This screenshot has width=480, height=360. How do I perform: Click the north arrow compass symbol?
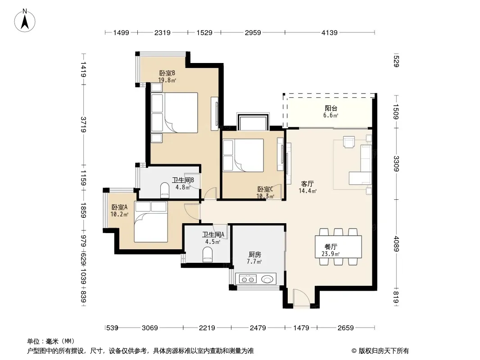25,21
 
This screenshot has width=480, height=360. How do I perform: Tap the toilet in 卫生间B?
164,189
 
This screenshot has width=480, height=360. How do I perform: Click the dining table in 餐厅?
338,247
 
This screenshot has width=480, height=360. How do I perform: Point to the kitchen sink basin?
267,279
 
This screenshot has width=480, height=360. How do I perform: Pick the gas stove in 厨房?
248,279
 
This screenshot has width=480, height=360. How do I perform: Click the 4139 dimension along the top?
330,32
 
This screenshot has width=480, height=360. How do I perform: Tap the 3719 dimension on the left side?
83,125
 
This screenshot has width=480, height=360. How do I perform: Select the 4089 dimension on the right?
396,243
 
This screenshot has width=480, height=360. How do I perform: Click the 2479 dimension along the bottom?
258,328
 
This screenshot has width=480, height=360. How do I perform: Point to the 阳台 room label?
331,108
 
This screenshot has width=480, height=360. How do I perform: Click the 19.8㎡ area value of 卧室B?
167,80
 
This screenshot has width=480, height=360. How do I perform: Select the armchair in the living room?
349,142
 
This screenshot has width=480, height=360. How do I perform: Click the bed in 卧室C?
243,155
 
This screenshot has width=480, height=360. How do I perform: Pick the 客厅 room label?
308,184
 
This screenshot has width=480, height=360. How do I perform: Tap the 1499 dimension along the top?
121,32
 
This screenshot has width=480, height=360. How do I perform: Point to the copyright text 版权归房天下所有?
384,351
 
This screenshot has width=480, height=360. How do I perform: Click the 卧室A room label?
119,207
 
